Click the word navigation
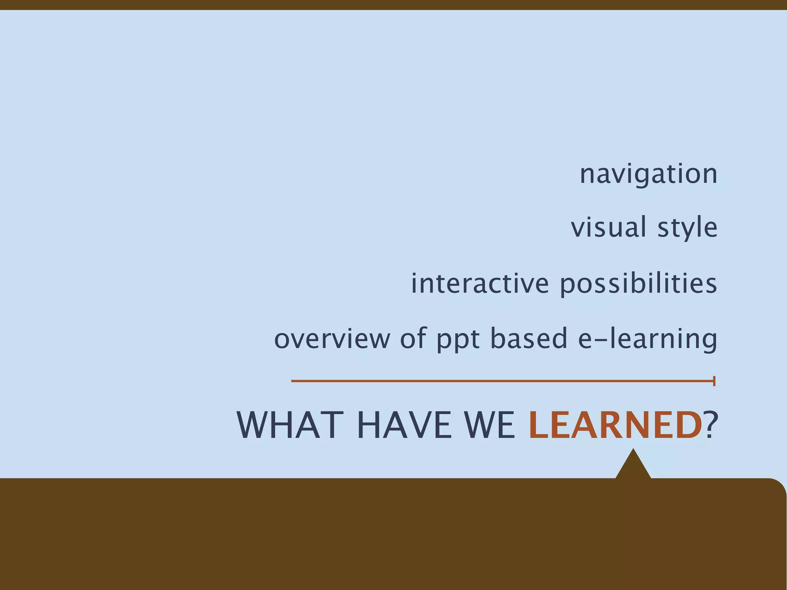coord(648,174)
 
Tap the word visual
coord(608,227)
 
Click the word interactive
coord(480,283)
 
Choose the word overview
coord(332,338)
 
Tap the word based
coord(529,338)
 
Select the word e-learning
coord(648,339)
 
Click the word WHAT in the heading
coord(290,425)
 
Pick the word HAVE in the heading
coord(405,425)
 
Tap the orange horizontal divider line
coord(500,381)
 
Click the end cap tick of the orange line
coord(714,381)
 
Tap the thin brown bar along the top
coord(393,5)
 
